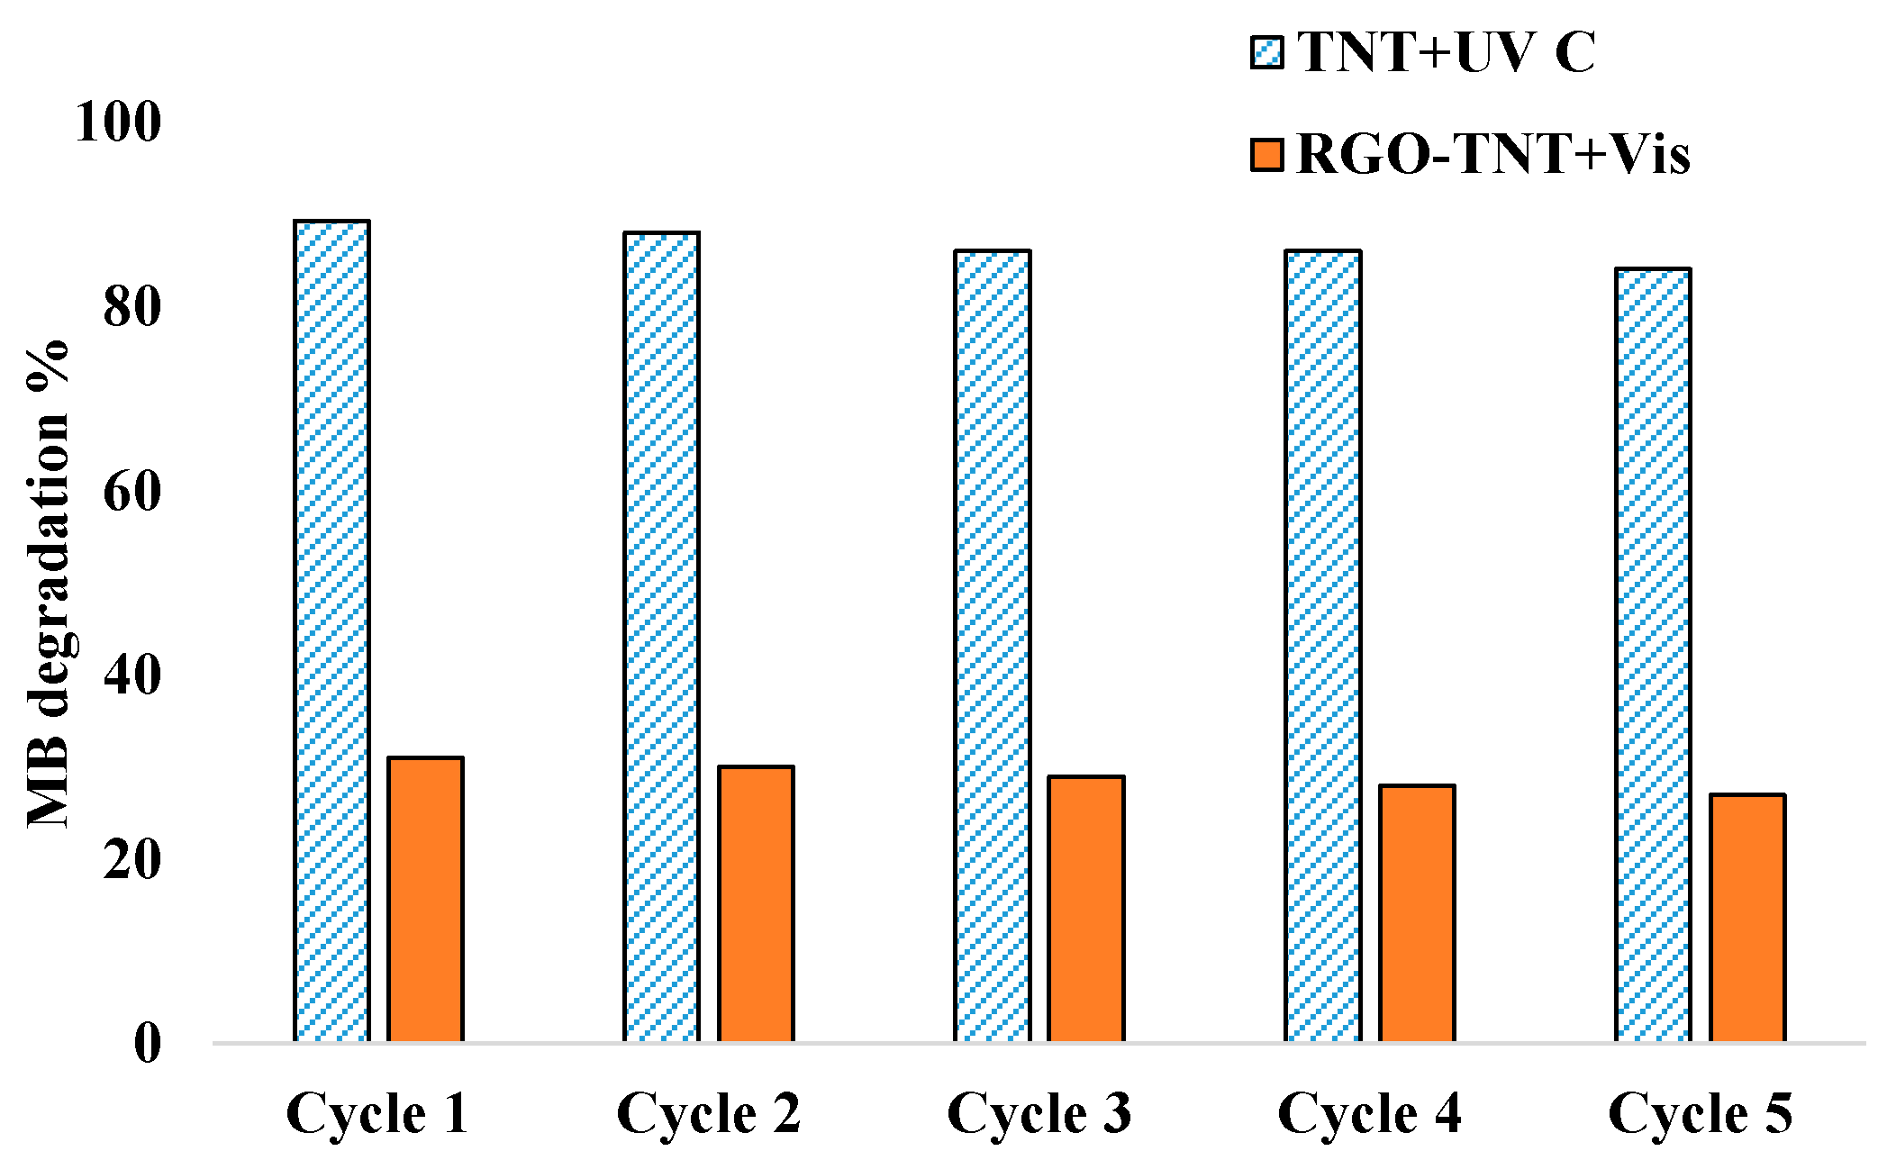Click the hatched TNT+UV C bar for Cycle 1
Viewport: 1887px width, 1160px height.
pyautogui.click(x=331, y=630)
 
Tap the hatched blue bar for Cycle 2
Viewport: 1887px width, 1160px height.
pyautogui.click(x=661, y=636)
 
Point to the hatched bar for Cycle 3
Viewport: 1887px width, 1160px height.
pyautogui.click(x=992, y=645)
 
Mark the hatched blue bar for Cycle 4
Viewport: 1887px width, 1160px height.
pyautogui.click(x=1322, y=645)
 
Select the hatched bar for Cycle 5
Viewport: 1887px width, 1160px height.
pyautogui.click(x=1653, y=654)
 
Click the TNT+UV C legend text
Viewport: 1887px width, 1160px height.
pyautogui.click(x=1447, y=51)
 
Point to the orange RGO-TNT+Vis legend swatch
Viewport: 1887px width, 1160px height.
pyautogui.click(x=1266, y=154)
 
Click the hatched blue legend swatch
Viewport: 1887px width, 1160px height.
pyautogui.click(x=1266, y=52)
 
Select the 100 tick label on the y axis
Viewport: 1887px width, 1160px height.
pyautogui.click(x=118, y=122)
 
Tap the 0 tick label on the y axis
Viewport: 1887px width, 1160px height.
pyautogui.click(x=148, y=1044)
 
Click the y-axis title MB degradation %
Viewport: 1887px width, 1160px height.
pyautogui.click(x=48, y=583)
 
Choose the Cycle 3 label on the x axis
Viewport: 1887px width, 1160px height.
pyautogui.click(x=1039, y=1114)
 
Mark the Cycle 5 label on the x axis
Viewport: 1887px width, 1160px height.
pyautogui.click(x=1700, y=1114)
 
